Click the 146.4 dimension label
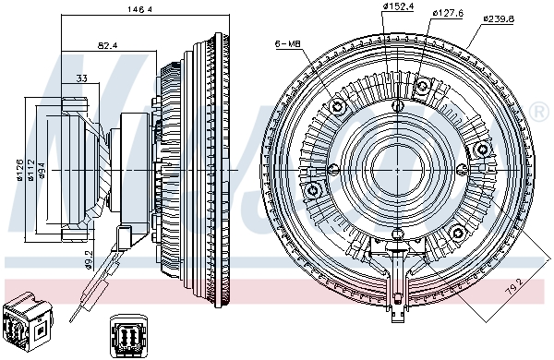click(x=140, y=9)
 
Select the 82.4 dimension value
click(x=107, y=45)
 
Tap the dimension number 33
click(x=81, y=78)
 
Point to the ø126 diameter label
click(x=19, y=170)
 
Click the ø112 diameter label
click(x=31, y=171)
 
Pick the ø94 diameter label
click(x=42, y=170)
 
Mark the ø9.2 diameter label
click(x=89, y=259)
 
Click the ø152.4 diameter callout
click(x=398, y=6)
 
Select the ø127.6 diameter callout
click(x=448, y=13)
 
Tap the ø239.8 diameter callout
click(x=499, y=18)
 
